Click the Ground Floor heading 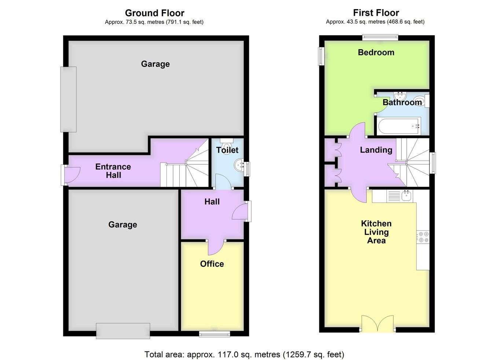[154, 13]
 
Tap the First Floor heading [376, 13]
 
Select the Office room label [212, 264]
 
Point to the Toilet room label [227, 150]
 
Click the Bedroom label [376, 52]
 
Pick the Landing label [376, 150]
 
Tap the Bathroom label [402, 102]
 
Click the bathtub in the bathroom [399, 127]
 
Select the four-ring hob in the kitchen [423, 237]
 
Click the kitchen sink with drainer [400, 196]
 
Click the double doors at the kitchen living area [377, 324]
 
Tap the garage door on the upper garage [69, 99]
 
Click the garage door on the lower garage [123, 331]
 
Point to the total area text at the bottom [244, 354]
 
